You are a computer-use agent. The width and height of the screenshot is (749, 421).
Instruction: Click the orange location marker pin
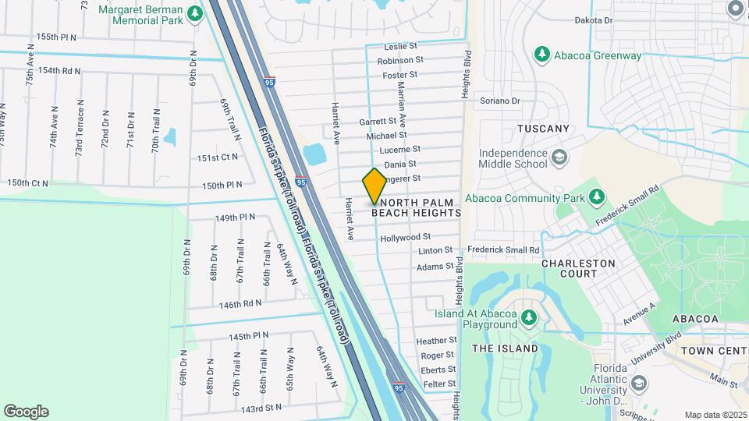(x=374, y=186)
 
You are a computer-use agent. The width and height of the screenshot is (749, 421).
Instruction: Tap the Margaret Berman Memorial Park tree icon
(x=195, y=12)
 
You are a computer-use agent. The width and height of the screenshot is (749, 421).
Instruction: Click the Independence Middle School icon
(x=559, y=158)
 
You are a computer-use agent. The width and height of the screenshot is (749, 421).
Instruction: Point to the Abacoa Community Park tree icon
(x=597, y=197)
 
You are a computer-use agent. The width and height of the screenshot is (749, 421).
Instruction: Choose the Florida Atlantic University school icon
(x=639, y=384)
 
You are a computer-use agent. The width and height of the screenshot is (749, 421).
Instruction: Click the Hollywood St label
(x=405, y=237)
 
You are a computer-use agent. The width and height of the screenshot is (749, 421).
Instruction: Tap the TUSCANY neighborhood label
(x=543, y=128)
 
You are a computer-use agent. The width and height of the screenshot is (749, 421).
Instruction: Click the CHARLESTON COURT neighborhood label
(x=579, y=268)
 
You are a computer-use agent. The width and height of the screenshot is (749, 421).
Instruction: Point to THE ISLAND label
(x=504, y=348)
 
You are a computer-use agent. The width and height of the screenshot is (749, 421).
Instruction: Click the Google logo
(x=26, y=412)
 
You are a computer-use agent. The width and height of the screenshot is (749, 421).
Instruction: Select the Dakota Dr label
(x=615, y=20)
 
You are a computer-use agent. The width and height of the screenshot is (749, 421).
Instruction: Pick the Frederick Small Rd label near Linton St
(x=503, y=250)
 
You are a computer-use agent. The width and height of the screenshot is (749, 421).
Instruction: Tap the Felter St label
(x=440, y=384)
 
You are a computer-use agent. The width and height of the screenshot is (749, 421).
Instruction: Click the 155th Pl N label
(x=57, y=37)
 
